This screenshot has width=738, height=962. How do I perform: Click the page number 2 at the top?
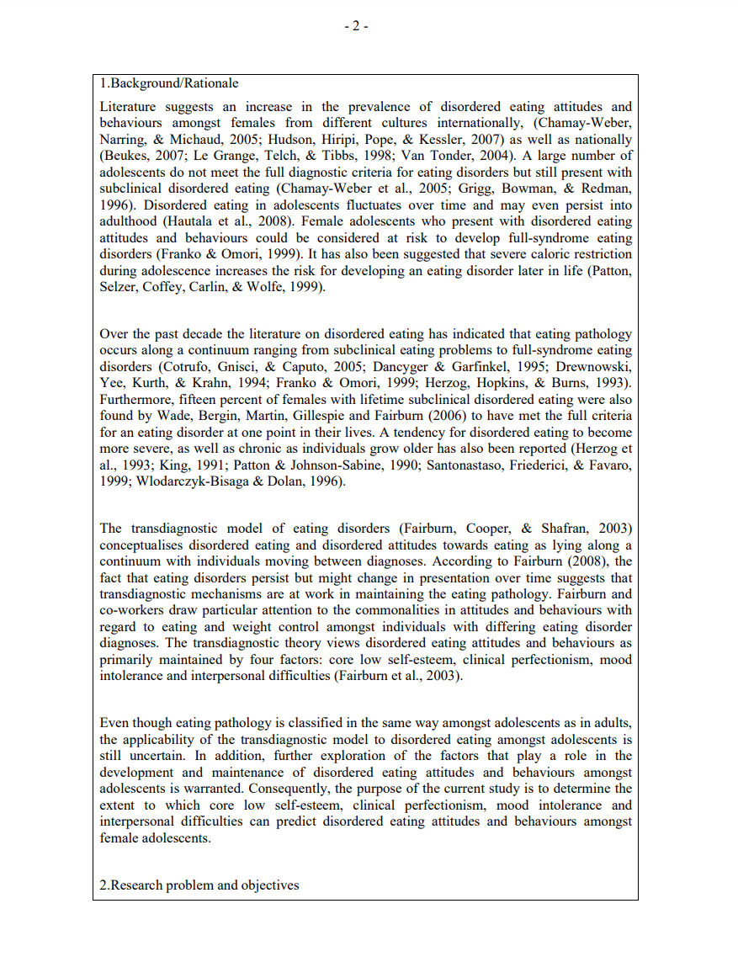coord(356,25)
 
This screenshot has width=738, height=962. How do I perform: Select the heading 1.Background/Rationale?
coord(169,83)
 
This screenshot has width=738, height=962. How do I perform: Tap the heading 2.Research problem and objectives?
coord(199,885)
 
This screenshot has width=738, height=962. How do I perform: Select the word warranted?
coord(223,789)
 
